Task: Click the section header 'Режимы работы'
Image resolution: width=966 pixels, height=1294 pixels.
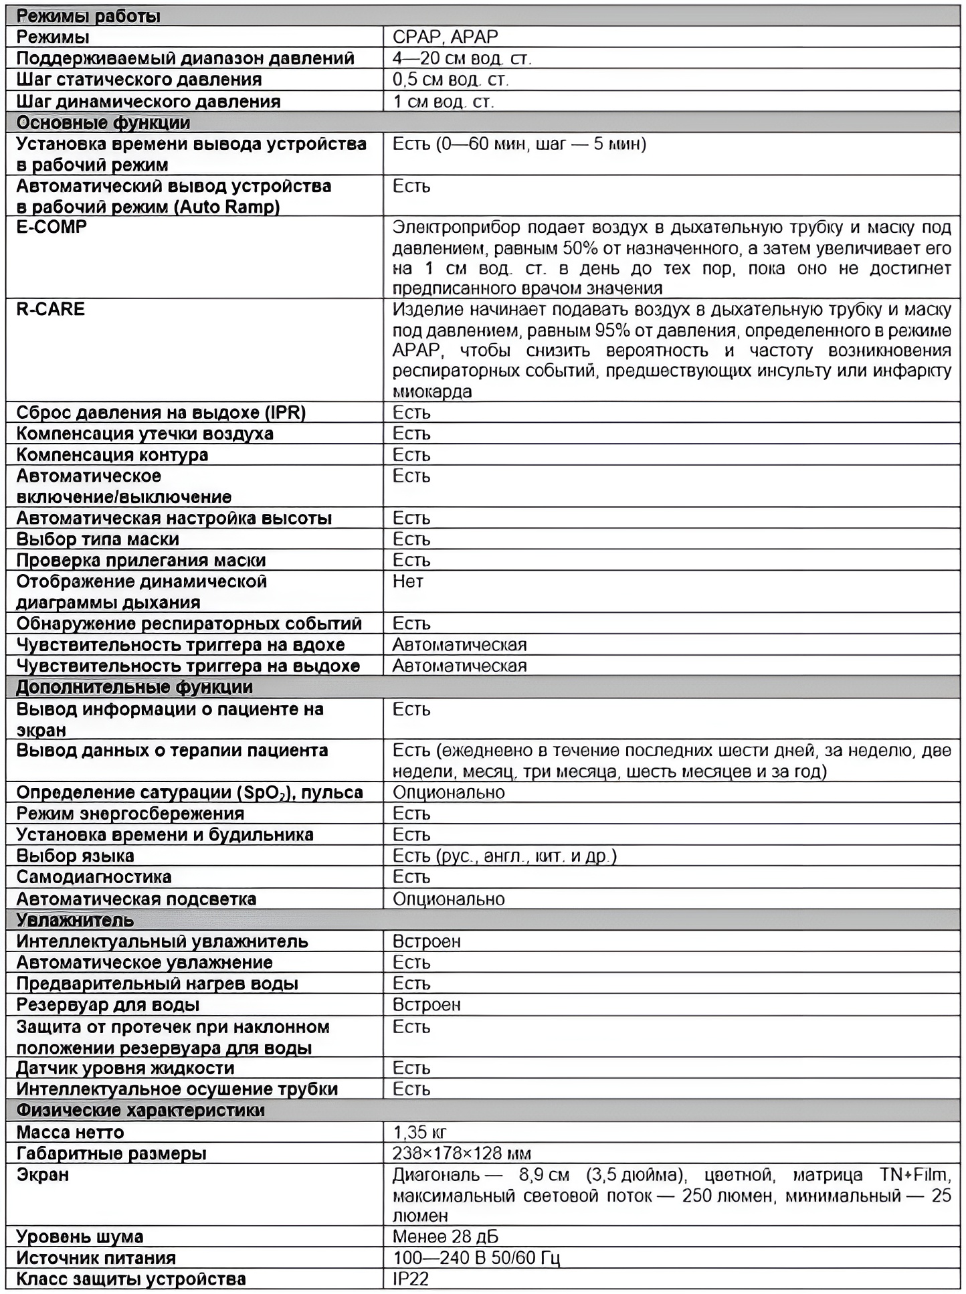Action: click(88, 16)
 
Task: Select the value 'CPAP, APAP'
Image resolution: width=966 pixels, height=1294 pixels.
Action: click(445, 37)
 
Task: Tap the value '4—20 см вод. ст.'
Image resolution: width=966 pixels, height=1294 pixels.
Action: click(462, 58)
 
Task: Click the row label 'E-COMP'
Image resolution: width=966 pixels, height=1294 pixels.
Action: click(52, 227)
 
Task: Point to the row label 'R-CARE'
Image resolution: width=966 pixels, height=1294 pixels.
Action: click(50, 309)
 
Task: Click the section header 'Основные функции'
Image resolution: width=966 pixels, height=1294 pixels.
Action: click(103, 123)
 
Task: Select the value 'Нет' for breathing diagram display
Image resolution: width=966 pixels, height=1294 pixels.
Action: click(407, 581)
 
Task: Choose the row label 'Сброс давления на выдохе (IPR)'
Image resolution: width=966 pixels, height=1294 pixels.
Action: click(161, 413)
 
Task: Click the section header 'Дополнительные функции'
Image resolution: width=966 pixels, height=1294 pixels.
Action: click(134, 687)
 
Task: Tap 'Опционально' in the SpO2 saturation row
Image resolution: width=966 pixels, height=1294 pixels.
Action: click(448, 793)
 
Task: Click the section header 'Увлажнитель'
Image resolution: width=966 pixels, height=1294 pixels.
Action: click(75, 920)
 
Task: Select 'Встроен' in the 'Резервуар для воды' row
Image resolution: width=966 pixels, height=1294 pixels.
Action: click(426, 1005)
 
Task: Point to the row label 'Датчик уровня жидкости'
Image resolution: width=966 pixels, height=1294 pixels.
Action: click(125, 1068)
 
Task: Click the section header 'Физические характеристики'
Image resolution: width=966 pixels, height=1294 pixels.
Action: click(140, 1110)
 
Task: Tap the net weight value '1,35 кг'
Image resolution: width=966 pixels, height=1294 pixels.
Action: click(419, 1132)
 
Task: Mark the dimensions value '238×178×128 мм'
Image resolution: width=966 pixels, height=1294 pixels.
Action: click(462, 1153)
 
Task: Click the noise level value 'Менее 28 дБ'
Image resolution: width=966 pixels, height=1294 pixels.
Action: click(445, 1236)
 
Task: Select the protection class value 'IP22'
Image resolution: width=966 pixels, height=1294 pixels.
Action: click(410, 1279)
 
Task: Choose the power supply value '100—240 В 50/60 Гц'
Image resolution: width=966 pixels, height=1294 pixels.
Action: click(476, 1258)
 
